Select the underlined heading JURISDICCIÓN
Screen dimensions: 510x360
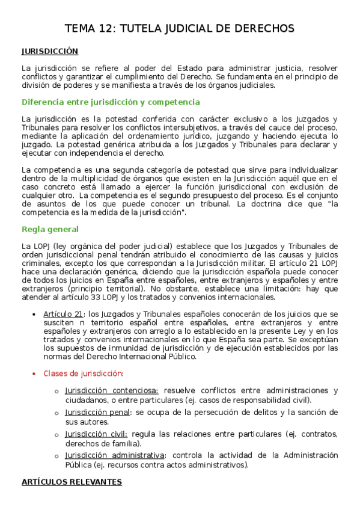coord(50,52)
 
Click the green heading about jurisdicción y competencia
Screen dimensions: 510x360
coord(111,102)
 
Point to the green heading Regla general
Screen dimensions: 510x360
coord(50,229)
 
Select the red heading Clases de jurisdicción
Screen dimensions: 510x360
coord(84,373)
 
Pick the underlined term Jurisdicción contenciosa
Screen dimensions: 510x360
coord(112,391)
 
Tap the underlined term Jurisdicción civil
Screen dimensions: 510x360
coord(96,434)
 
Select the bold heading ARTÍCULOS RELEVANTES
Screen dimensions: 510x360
coord(72,482)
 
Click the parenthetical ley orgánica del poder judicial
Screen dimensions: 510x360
coord(108,246)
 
